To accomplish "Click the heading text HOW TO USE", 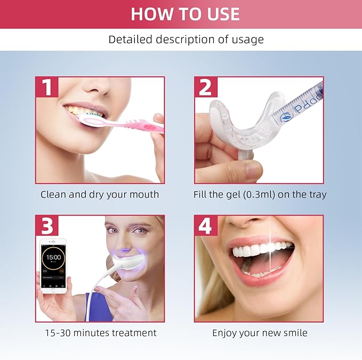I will tap(185, 14).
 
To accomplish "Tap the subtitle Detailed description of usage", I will tap(186, 39).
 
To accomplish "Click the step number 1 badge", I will tap(47, 87).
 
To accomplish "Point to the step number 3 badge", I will tap(47, 226).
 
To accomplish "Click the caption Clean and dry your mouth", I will tap(100, 194).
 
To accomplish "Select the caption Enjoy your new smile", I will tap(260, 333).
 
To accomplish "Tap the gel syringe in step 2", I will tap(299, 104).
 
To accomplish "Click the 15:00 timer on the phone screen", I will tap(53, 257).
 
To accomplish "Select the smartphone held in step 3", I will tap(53, 266).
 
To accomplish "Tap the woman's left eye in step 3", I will tap(139, 231).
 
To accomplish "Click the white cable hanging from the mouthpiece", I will tap(92, 298).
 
